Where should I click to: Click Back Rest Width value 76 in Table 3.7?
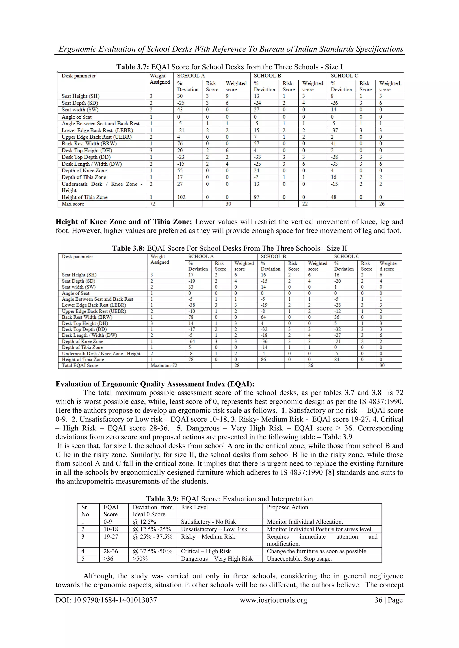coord(180,143)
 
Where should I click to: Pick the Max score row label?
coord(73,204)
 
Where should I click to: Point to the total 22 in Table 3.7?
coord(305,204)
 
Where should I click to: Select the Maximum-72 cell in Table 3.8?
coord(164,365)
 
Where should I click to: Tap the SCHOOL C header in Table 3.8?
coord(346,256)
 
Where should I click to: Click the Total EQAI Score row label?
coord(80,365)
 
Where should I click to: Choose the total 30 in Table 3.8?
coord(382,365)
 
